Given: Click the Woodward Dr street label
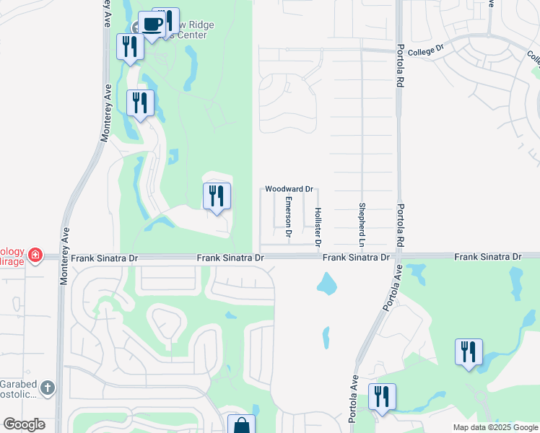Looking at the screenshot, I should (288, 189).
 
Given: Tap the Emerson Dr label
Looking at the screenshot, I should (288, 217).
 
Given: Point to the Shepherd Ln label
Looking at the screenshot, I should (362, 222).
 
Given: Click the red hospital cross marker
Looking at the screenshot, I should (34, 255).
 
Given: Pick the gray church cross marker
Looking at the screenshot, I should (48, 387).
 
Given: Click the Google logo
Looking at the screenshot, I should (24, 424).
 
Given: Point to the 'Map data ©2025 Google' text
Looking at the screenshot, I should (495, 427).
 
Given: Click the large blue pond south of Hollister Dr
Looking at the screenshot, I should (327, 284).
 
